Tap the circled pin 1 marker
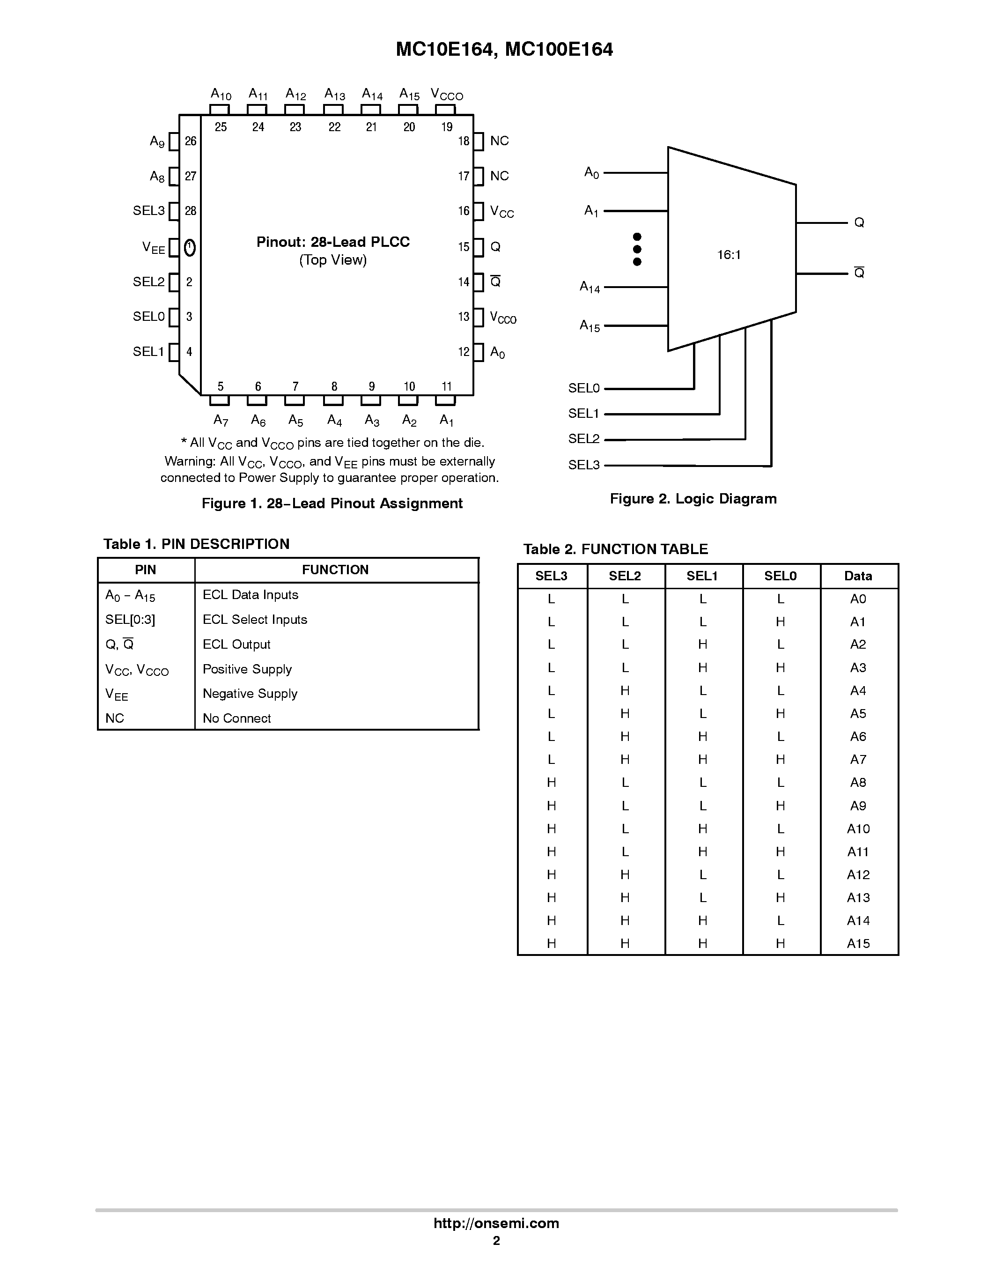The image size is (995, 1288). point(190,248)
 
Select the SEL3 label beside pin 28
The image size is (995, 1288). point(148,211)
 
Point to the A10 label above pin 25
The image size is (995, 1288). point(221,94)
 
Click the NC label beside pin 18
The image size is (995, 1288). point(499,141)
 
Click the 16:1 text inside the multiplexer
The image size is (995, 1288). point(729,255)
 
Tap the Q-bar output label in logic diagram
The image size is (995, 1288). point(859,273)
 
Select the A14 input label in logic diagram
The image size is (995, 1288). point(590,287)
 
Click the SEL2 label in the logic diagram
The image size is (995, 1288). point(583,439)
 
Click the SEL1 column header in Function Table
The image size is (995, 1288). point(702,576)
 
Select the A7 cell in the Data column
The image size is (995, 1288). point(858,760)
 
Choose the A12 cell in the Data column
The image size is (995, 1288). point(858,874)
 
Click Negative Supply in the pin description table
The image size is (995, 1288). point(250,694)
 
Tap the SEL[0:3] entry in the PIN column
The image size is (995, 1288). point(130,620)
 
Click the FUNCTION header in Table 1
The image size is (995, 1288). point(335,570)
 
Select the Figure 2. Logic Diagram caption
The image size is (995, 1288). point(693,499)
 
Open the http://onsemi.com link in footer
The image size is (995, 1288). point(496,1223)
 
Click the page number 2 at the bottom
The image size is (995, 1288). point(496,1241)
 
